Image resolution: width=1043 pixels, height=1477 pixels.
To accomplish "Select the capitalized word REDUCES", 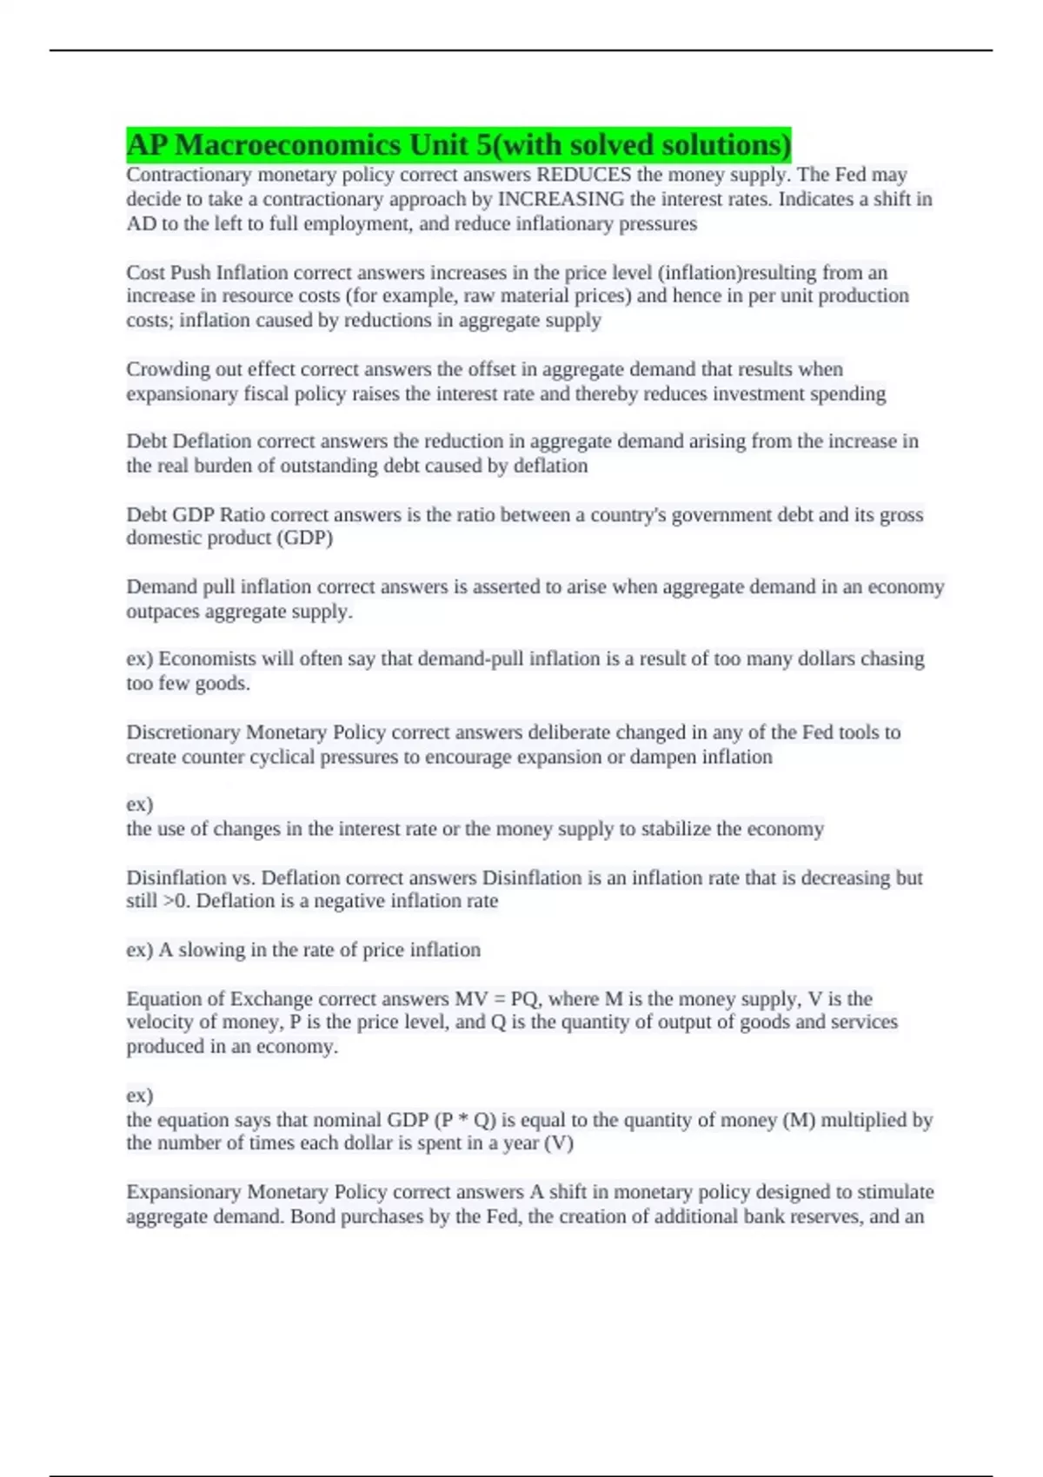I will click(x=584, y=175).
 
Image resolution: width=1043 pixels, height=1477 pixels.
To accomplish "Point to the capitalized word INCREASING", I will click(x=560, y=199).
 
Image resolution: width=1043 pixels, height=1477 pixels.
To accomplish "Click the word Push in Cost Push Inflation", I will click(x=190, y=272).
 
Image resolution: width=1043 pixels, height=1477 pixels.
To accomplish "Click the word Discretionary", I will click(x=183, y=732).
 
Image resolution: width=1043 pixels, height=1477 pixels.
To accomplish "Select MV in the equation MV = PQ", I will click(x=470, y=999).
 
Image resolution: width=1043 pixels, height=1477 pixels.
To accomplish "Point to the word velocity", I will click(x=159, y=1023).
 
